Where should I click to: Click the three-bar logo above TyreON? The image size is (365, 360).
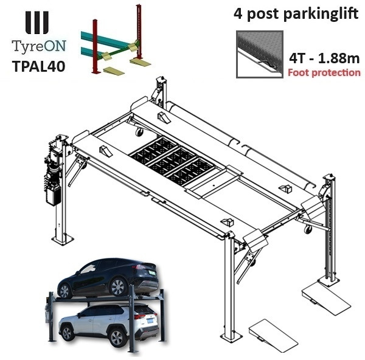38,21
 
